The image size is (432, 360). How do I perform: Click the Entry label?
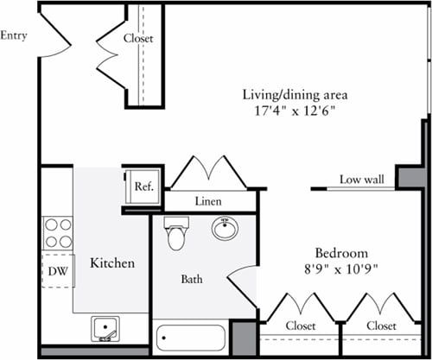[14, 35]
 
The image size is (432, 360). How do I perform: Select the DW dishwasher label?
[56, 270]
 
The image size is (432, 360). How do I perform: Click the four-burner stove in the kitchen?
[58, 233]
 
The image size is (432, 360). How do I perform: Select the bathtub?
[189, 336]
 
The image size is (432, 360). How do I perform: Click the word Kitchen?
[112, 262]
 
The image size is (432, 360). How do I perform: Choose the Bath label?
[191, 280]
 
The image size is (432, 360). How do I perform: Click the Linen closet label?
[209, 201]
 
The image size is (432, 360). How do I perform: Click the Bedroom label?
[341, 253]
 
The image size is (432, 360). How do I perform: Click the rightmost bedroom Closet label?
[380, 325]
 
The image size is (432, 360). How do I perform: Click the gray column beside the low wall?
[410, 177]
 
